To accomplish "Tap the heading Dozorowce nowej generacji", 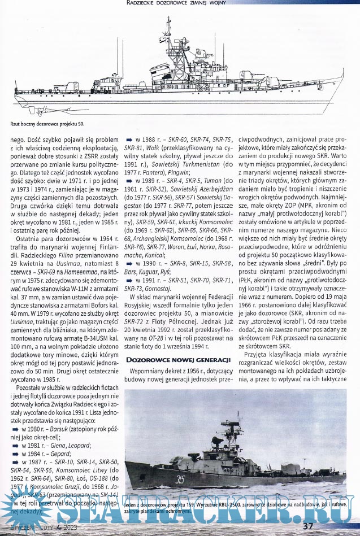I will point(176,360).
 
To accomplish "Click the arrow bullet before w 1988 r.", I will point(128,139).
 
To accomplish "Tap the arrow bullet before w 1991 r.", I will point(128,279).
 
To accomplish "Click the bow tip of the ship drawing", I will point(343,78).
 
